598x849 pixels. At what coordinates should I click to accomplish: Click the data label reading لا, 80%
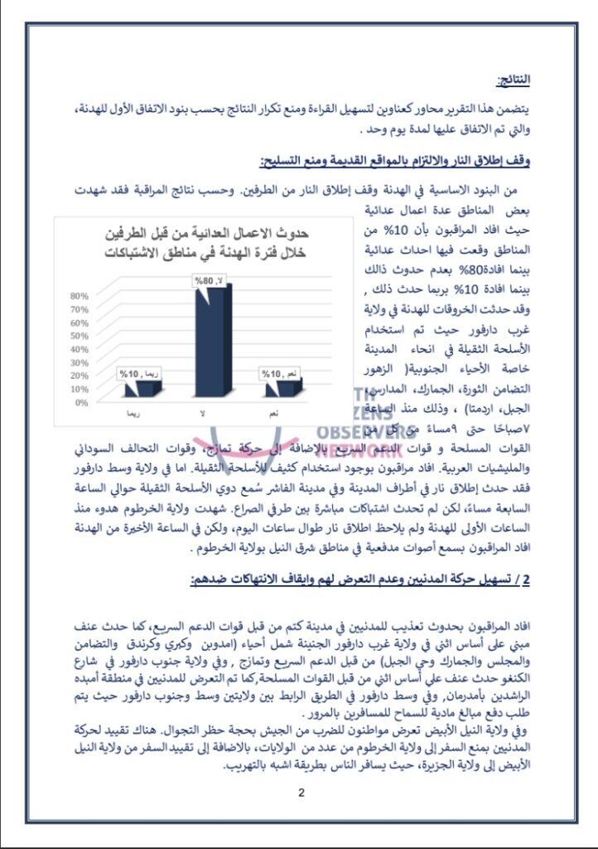pos(209,281)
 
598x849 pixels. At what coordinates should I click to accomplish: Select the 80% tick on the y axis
pos(80,296)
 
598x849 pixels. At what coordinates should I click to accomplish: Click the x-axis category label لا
pos(202,412)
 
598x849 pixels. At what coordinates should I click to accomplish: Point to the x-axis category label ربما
pos(129,412)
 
